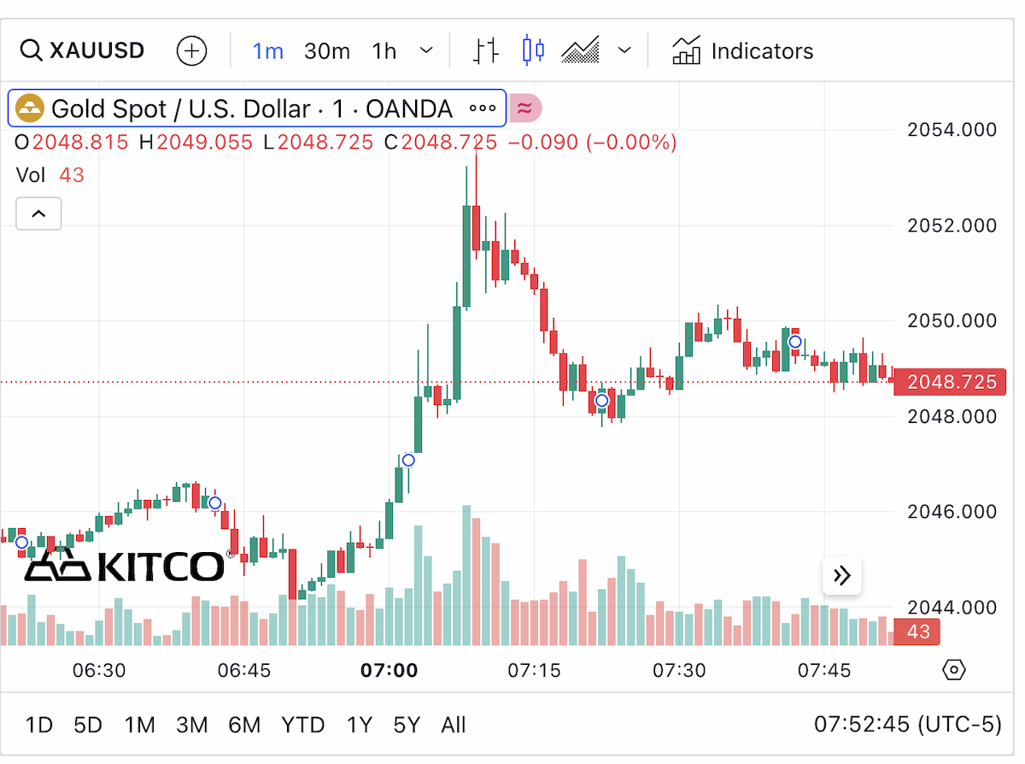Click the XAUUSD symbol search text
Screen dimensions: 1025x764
tap(97, 50)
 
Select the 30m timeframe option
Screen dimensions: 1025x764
tap(327, 51)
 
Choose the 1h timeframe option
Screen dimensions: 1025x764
tap(384, 51)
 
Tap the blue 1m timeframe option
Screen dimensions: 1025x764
tap(267, 51)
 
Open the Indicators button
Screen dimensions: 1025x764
tap(742, 50)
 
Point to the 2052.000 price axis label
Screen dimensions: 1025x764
tap(952, 226)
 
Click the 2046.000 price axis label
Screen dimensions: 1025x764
tap(952, 512)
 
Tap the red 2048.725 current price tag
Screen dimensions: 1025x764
tap(950, 382)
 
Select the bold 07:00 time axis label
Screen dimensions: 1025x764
tap(389, 670)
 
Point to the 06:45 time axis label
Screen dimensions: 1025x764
tap(244, 670)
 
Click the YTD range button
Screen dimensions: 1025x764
tap(302, 725)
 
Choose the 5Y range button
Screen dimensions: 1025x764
tap(407, 725)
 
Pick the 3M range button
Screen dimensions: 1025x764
tap(192, 725)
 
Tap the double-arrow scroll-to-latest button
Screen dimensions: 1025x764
tap(841, 576)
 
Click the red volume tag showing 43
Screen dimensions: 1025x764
tap(917, 632)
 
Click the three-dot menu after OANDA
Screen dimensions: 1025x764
tap(483, 109)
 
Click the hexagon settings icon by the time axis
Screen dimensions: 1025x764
tap(954, 670)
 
